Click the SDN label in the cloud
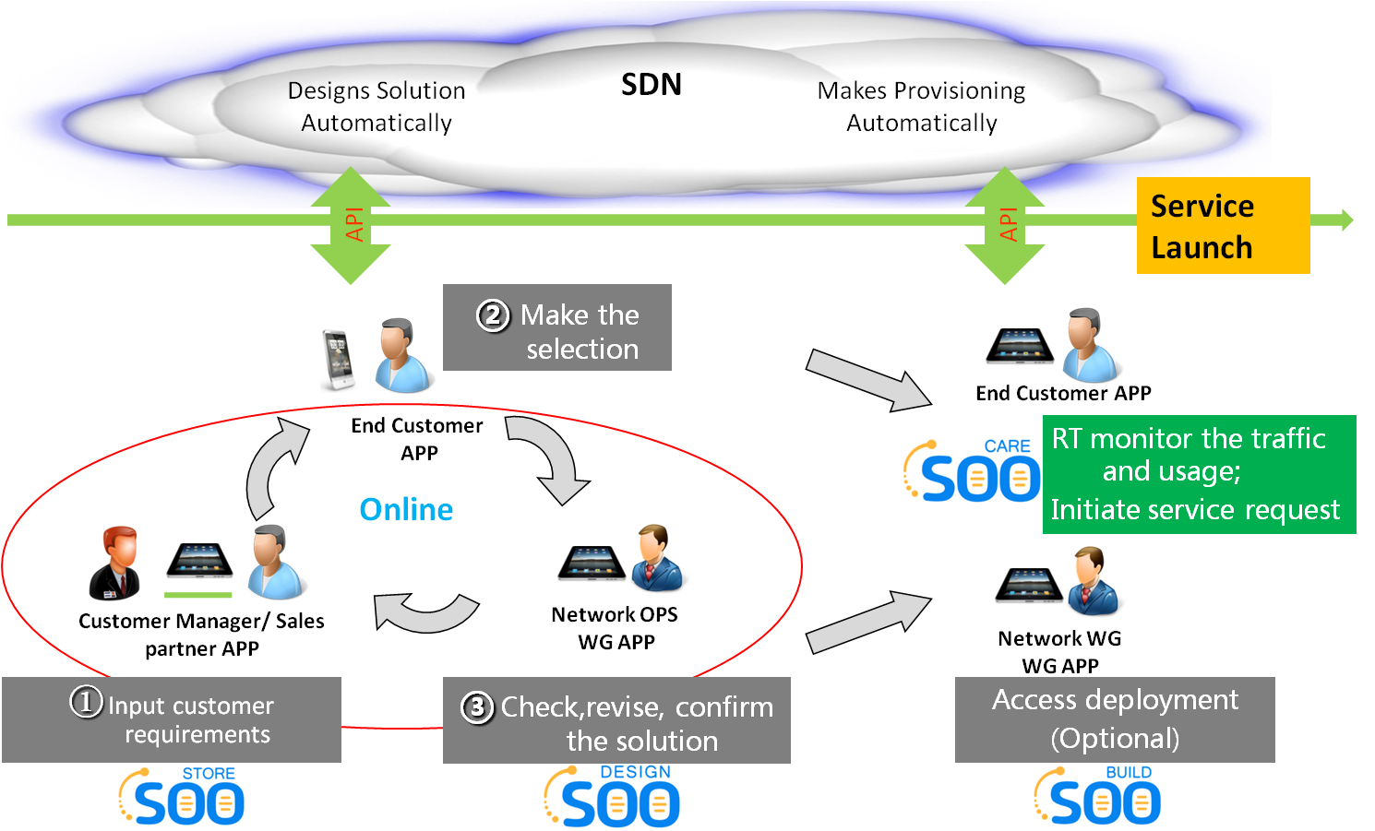652,85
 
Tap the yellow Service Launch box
1222,226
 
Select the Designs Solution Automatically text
377,107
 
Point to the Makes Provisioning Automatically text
922,107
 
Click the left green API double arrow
351,225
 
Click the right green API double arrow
1005,225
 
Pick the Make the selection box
557,328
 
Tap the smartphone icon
339,361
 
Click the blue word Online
406,509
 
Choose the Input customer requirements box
172,719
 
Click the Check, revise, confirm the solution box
616,720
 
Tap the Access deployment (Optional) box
1115,719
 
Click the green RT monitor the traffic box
1199,474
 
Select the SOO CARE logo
971,471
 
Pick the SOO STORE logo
182,795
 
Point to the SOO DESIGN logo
612,796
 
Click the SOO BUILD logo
1096,795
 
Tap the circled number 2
493,315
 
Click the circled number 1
86,702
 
